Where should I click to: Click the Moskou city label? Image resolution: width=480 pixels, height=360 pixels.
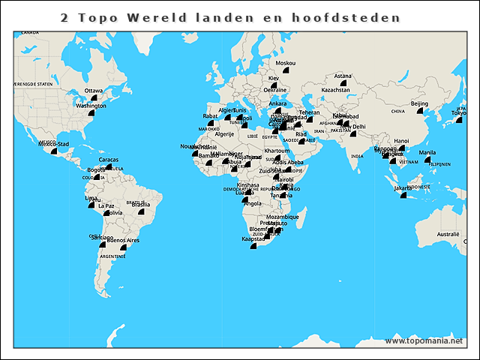285,63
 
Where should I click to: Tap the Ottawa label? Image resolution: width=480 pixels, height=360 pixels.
94,91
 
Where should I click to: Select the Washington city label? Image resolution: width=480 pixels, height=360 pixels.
91,106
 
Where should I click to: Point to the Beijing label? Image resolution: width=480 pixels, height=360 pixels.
419,103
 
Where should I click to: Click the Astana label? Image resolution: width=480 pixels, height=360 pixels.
342,76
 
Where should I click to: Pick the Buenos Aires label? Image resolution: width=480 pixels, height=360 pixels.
123,240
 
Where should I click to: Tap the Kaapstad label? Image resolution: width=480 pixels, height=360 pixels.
253,238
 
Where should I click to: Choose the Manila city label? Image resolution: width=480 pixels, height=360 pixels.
427,152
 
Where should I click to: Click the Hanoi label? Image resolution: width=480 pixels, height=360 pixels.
401,140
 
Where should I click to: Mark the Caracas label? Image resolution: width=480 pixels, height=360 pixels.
108,160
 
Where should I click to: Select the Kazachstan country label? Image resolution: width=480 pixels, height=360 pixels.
335,90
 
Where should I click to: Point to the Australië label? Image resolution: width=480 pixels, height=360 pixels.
448,234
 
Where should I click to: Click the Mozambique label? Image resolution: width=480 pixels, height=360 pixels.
283,217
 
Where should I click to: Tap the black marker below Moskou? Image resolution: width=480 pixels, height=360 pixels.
286,70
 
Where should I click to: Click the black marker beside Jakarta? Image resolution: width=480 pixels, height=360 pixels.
402,195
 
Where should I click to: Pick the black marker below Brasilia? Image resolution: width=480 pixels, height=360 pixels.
139,212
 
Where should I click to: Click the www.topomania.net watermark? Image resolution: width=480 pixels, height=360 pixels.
424,340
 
